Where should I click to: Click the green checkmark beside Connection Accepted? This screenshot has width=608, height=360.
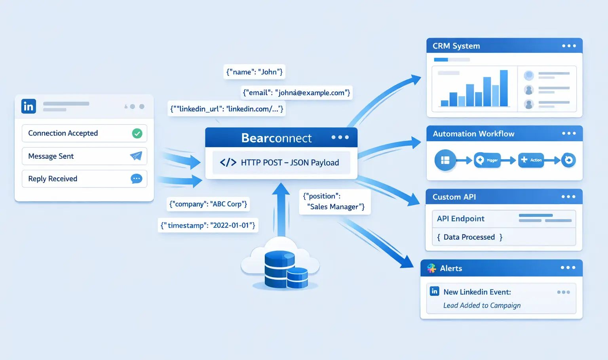[137, 133]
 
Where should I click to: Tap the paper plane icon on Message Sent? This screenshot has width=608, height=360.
[136, 156]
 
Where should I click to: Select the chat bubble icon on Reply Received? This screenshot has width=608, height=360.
[136, 179]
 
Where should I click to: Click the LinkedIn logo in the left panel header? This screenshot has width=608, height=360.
[28, 106]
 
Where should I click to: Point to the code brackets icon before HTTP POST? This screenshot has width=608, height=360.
[228, 162]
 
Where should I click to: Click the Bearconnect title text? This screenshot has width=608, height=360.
[276, 138]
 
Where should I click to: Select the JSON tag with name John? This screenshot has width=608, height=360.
[254, 72]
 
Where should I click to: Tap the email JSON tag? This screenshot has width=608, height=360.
[296, 93]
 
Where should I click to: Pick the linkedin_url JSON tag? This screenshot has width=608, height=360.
[227, 109]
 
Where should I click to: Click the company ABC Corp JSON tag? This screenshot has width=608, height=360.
[208, 204]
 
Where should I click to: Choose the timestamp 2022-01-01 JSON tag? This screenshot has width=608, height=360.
[208, 225]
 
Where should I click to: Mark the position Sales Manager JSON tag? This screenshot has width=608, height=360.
[334, 202]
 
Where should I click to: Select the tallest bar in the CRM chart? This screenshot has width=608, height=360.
[503, 88]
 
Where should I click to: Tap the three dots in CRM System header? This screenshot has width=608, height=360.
[569, 46]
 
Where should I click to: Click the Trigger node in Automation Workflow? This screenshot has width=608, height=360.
[487, 160]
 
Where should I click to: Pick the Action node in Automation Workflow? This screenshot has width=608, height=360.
[531, 160]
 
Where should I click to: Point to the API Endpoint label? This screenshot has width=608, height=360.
[460, 219]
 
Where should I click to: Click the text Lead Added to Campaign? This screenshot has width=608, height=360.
[482, 305]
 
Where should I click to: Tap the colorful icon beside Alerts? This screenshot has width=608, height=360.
[431, 268]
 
